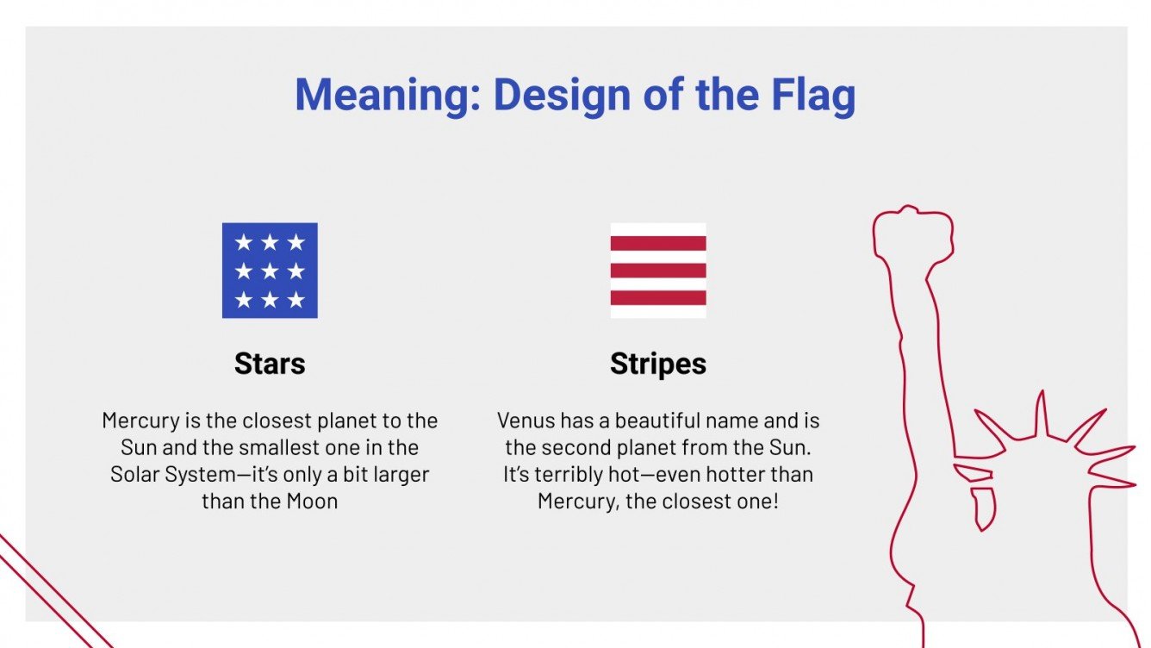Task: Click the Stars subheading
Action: point(270,364)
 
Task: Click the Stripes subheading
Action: point(658,364)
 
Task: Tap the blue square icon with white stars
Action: point(270,271)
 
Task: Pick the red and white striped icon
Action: point(658,271)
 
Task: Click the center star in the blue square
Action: point(270,271)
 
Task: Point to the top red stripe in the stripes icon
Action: point(658,243)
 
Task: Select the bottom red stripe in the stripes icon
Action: point(658,298)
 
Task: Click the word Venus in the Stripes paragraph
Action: point(526,421)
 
